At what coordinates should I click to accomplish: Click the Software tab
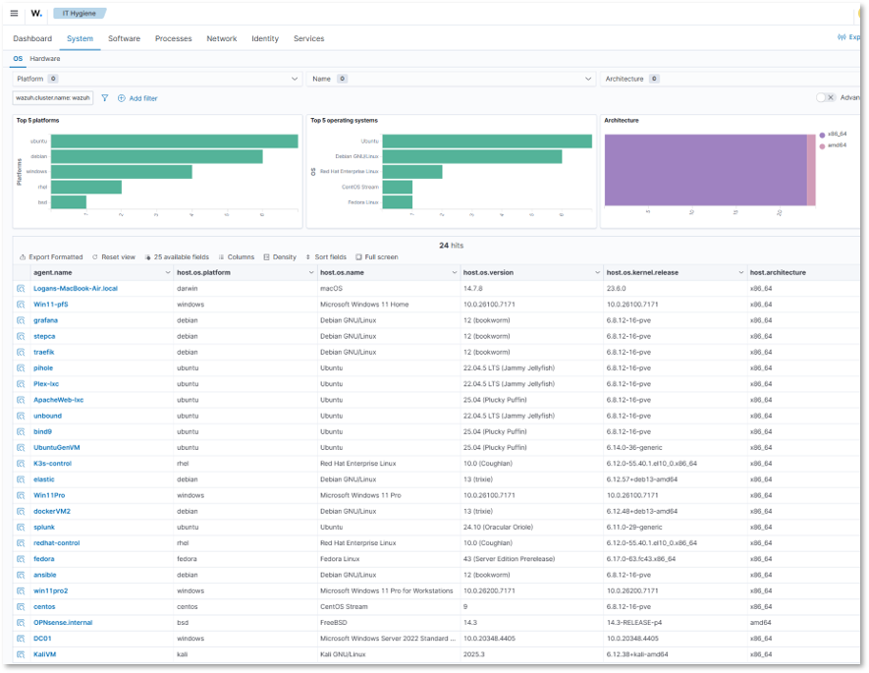pos(124,38)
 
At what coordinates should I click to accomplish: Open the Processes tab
pos(173,38)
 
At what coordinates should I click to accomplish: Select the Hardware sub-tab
pos(44,59)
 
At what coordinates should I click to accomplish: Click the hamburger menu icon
pos(14,13)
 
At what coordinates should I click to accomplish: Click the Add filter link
pos(137,98)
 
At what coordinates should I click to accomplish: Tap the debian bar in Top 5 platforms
pos(156,156)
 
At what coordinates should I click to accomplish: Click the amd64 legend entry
pos(837,145)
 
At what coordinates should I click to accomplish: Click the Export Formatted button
pos(51,256)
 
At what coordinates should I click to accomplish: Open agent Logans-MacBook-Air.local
pos(75,289)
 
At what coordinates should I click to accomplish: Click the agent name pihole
pos(43,368)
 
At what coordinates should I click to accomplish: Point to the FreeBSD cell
pos(337,623)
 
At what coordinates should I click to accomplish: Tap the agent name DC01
pos(42,639)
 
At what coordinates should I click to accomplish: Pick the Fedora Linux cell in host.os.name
pos(343,559)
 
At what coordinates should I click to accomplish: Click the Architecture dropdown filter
pos(727,79)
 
